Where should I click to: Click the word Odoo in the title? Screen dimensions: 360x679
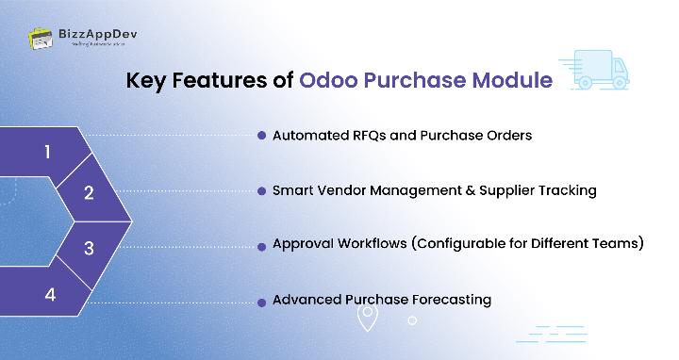click(x=331, y=80)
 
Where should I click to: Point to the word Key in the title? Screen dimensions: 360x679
click(x=148, y=80)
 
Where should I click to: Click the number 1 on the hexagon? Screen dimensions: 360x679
click(x=48, y=152)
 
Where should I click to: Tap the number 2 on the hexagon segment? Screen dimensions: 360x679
click(x=89, y=193)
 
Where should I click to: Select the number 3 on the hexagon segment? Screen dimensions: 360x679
click(x=89, y=249)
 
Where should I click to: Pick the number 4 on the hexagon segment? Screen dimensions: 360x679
click(x=50, y=294)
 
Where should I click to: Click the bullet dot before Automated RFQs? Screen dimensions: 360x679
click(x=261, y=136)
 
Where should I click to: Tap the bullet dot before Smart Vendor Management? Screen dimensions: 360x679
click(x=261, y=190)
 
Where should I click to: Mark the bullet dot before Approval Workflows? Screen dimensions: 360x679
click(x=261, y=245)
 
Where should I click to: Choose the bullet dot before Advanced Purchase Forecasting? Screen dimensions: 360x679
click(x=261, y=301)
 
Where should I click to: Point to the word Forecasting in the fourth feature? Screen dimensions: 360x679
click(x=446, y=301)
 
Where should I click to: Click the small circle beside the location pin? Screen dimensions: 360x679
click(x=412, y=320)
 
